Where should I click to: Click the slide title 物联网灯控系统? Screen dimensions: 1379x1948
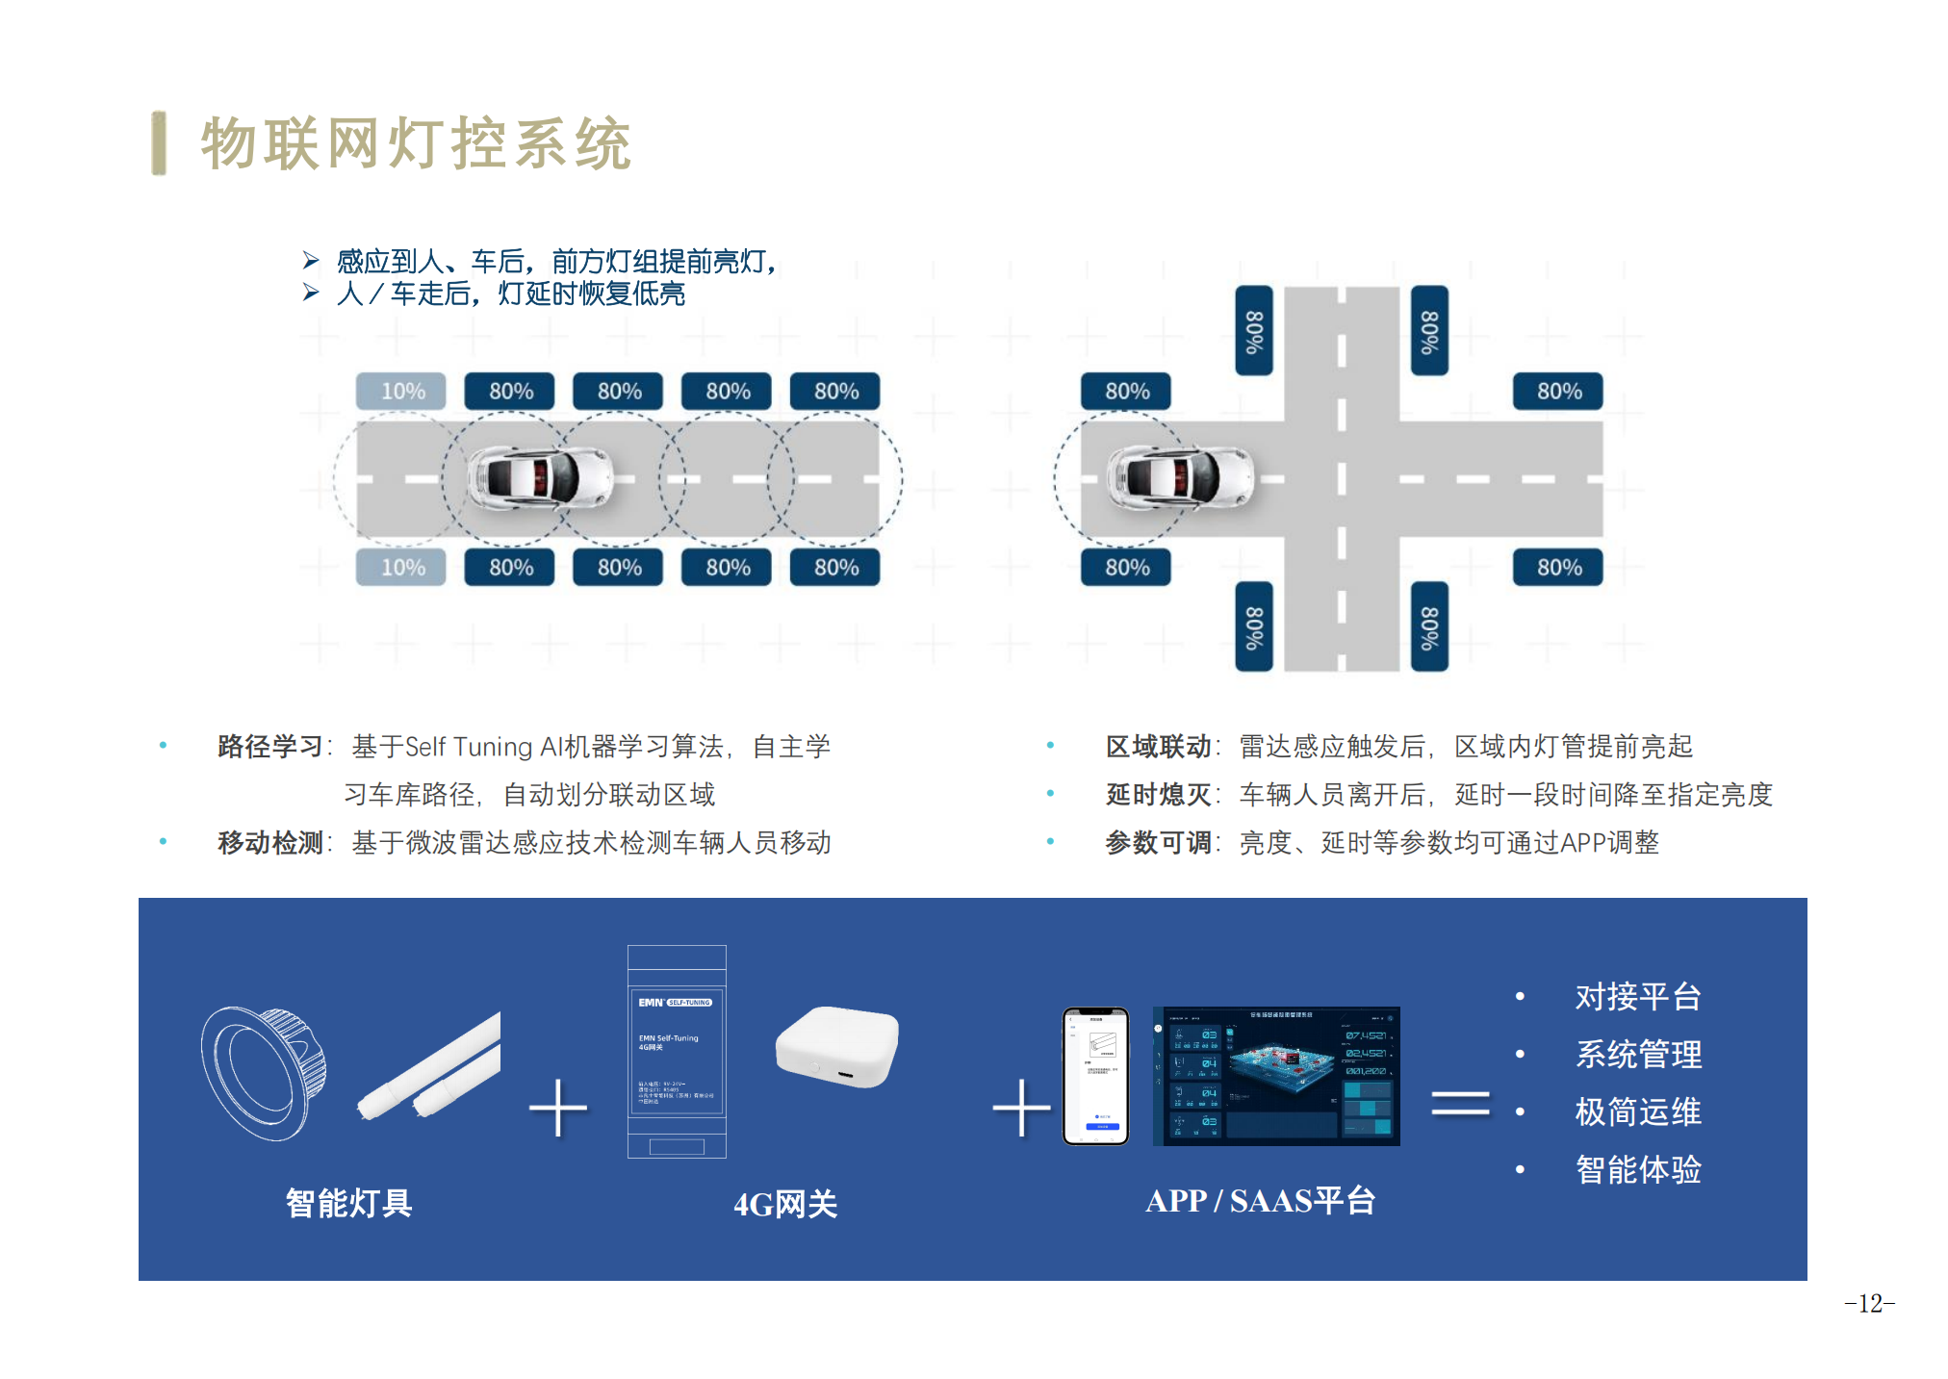(x=415, y=144)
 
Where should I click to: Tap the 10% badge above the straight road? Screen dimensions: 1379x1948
(x=401, y=392)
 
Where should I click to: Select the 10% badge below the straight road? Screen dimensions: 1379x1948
(x=401, y=568)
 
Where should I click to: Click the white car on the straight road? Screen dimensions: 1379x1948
(x=540, y=477)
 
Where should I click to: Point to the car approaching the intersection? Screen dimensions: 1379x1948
(x=1179, y=477)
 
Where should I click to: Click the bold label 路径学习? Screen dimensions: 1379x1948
(x=269, y=747)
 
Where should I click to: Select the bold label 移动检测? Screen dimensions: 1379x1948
(x=269, y=843)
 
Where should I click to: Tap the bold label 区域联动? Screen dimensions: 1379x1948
(x=1158, y=747)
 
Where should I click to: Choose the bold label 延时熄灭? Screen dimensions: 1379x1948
(x=1158, y=795)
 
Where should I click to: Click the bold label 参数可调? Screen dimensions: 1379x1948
(x=1158, y=843)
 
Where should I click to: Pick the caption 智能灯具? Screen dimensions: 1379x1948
(x=348, y=1203)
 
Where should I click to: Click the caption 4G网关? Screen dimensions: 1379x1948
(x=785, y=1204)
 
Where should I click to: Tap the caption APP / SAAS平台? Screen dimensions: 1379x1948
(x=1260, y=1201)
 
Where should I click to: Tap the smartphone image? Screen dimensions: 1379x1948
(x=1095, y=1076)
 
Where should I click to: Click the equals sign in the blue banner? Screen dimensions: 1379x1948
(x=1460, y=1104)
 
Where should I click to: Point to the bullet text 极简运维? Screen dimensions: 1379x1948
(x=1638, y=1112)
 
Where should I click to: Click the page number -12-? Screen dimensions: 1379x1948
(x=1869, y=1304)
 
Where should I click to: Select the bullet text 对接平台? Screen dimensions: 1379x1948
(x=1638, y=997)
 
